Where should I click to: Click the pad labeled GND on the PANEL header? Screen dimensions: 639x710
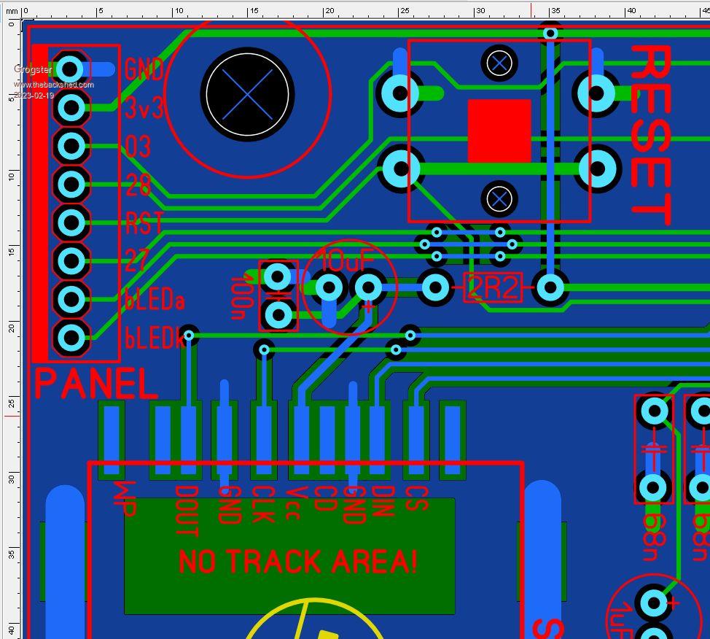(x=70, y=69)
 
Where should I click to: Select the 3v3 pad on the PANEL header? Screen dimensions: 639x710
(x=71, y=108)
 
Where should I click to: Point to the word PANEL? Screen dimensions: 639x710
(x=95, y=384)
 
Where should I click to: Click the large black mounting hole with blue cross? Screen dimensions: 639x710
(x=247, y=94)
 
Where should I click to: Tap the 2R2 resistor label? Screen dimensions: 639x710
(x=494, y=288)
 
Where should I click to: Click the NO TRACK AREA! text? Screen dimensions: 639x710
(x=297, y=562)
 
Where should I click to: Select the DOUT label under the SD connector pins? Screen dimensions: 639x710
(x=187, y=511)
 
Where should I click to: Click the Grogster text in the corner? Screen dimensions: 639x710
(x=33, y=69)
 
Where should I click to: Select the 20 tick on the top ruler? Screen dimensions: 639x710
(x=329, y=11)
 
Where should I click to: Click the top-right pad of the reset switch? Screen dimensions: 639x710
(x=597, y=93)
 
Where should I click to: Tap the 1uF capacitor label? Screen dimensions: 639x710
(x=622, y=620)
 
